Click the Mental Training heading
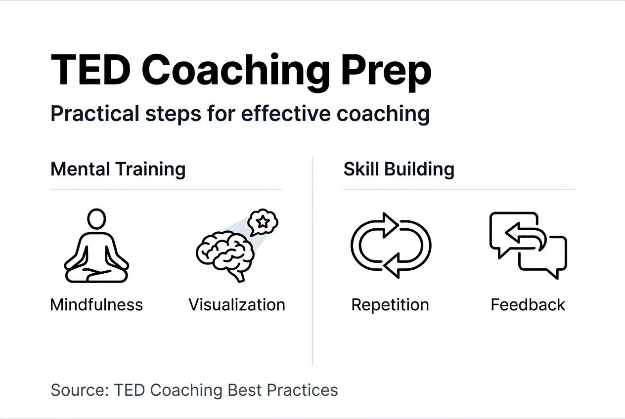click(x=118, y=169)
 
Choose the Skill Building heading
click(x=399, y=169)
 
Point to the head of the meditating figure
click(x=96, y=218)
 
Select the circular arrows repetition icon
click(x=391, y=245)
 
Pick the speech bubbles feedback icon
click(x=528, y=245)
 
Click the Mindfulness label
click(x=96, y=304)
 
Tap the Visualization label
click(x=237, y=304)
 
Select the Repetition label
click(x=390, y=304)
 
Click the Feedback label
click(x=528, y=304)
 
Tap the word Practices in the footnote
click(x=302, y=390)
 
